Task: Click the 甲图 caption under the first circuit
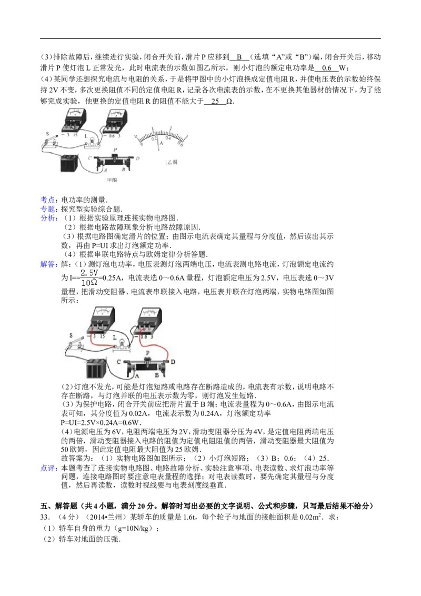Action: click(112, 180)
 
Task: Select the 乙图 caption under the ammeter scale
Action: click(172, 162)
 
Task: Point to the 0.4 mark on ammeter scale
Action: click(167, 138)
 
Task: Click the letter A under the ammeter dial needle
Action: click(161, 143)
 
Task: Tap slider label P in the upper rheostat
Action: click(115, 150)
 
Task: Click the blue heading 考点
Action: click(48, 200)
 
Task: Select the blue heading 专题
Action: click(48, 209)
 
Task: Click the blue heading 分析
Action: click(48, 218)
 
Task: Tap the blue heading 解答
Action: click(48, 264)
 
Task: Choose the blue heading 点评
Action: click(49, 468)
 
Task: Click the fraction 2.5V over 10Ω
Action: click(89, 278)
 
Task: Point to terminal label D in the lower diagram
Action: click(173, 362)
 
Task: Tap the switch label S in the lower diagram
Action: click(71, 335)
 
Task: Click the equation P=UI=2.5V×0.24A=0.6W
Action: click(101, 423)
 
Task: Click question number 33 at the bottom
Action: click(45, 518)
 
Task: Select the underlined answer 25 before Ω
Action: click(215, 101)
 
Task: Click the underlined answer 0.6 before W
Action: click(326, 68)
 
